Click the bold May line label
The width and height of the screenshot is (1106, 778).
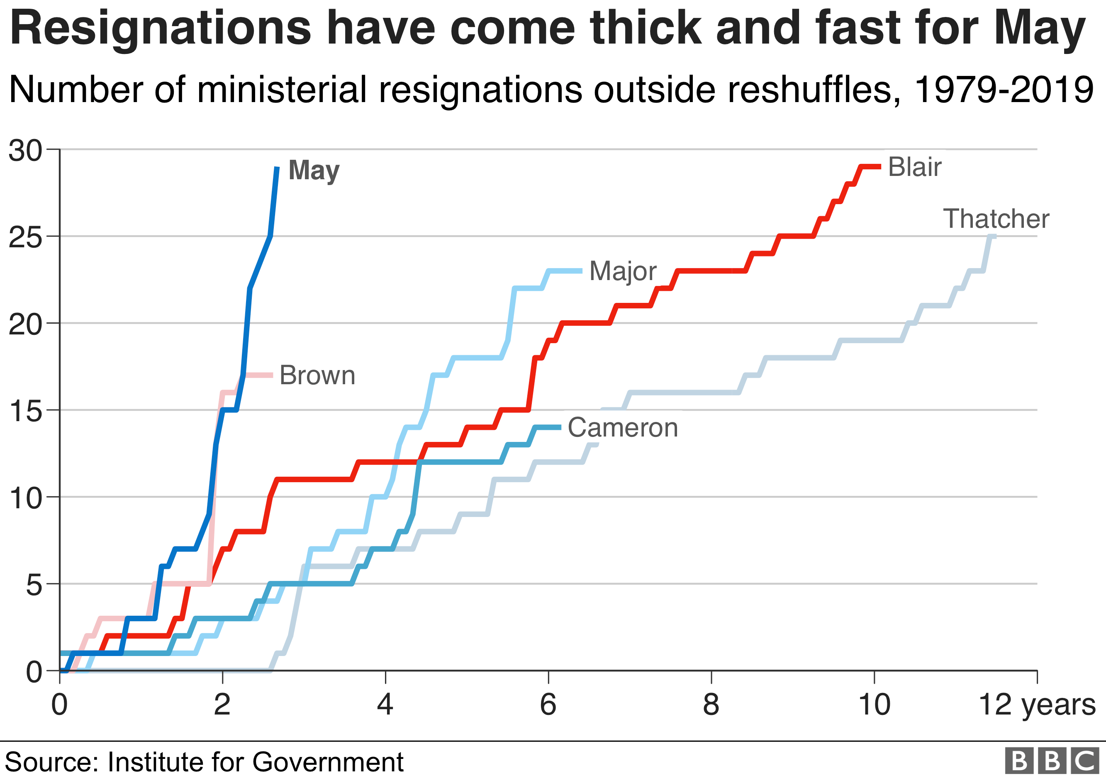pos(314,171)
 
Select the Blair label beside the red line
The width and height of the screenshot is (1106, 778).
pos(914,167)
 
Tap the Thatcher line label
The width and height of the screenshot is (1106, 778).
pos(996,219)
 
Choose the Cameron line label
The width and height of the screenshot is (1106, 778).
pos(622,427)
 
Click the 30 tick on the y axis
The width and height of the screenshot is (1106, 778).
pos(25,150)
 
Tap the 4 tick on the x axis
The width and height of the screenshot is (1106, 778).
pos(385,705)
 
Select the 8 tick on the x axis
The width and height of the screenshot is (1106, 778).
pos(711,705)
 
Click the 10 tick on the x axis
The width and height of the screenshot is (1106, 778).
pos(874,705)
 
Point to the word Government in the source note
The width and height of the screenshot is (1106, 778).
pos(328,762)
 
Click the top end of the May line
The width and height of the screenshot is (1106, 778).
pos(277,168)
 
